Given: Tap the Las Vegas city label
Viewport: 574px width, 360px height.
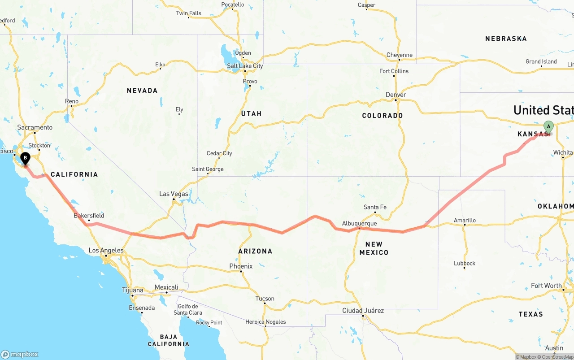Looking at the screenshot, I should [x=174, y=194].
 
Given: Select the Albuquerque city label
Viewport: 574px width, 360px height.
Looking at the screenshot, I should [x=359, y=223].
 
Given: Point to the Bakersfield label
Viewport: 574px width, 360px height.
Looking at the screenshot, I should [x=89, y=216].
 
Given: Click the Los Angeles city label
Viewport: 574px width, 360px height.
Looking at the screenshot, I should [x=106, y=250].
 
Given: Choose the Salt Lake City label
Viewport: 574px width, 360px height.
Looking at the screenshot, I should [x=245, y=66].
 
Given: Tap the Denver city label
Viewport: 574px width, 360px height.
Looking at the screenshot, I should [x=396, y=95].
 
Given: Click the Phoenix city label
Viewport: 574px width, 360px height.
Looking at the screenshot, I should [x=241, y=266].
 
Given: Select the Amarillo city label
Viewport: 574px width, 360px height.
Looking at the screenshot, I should [x=465, y=220].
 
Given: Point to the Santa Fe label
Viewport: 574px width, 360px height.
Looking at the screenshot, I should [x=375, y=207].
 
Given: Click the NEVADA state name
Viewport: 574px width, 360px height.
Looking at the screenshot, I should [x=142, y=91].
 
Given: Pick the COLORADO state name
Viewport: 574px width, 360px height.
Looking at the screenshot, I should [x=383, y=116].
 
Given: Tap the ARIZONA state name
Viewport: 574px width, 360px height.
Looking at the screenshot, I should [x=255, y=251].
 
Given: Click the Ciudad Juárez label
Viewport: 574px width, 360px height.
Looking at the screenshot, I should [x=363, y=311].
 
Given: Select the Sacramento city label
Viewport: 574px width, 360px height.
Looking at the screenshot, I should [x=35, y=127].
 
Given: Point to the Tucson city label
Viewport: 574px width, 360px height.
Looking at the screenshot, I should [x=265, y=299].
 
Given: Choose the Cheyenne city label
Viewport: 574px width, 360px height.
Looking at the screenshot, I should [x=399, y=55].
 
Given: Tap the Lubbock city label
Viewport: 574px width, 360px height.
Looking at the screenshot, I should [x=465, y=263].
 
